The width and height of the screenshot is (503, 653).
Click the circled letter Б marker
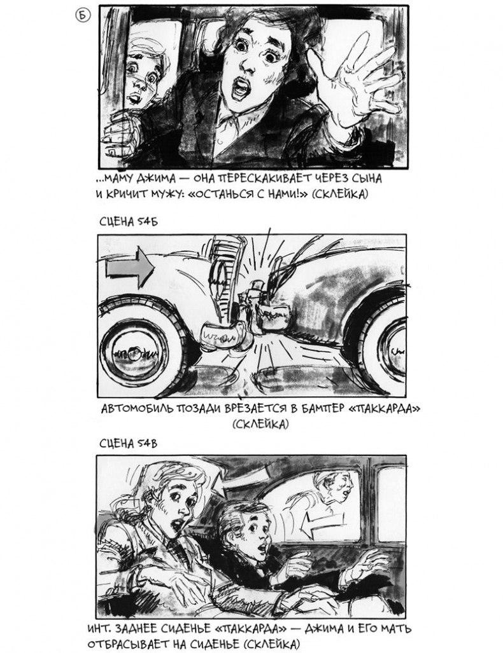pyautogui.click(x=82, y=15)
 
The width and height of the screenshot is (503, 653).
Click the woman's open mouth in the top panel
pyautogui.click(x=240, y=89)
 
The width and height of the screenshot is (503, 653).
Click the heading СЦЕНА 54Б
pyautogui.click(x=129, y=221)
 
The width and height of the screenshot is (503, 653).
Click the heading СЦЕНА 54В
pyautogui.click(x=129, y=443)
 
